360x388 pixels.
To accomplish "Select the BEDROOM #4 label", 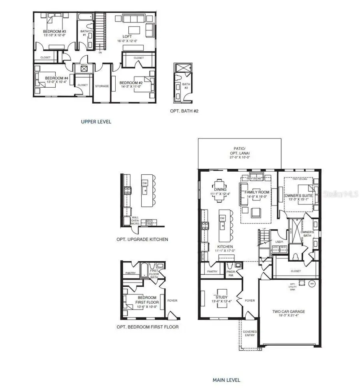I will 52,78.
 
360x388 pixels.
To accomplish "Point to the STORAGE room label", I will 102,86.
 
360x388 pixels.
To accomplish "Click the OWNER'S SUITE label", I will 296,196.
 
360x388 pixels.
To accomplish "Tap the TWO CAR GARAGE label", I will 292,311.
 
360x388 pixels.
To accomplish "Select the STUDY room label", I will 221,297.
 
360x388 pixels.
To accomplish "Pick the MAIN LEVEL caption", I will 227,380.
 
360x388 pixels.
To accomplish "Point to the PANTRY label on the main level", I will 212,272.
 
